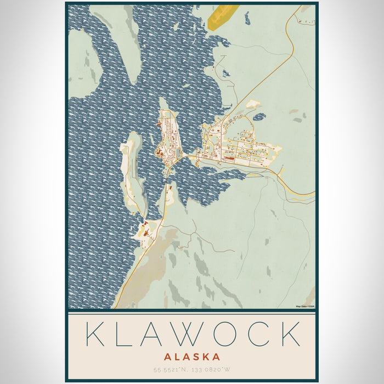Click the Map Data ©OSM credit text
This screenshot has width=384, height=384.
(x=305, y=306)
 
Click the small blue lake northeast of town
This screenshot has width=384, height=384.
(x=259, y=117)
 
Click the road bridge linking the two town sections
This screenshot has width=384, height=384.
(x=190, y=157)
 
